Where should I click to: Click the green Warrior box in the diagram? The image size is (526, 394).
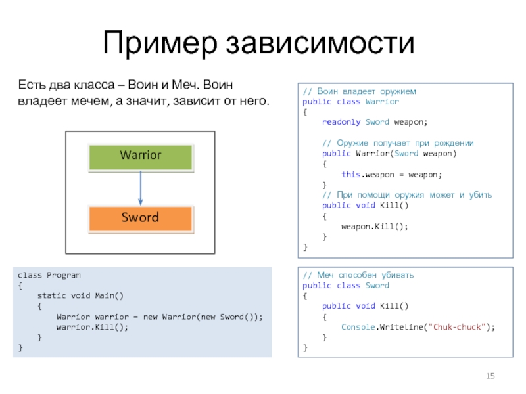140,156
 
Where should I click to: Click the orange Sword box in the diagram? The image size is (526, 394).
140,217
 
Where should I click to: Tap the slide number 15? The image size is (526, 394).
489,376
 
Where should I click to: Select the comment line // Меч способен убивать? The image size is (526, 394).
358,275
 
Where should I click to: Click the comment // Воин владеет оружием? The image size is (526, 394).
359,91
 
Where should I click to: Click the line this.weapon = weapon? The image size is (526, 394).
391,174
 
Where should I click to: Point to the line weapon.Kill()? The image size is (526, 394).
374,226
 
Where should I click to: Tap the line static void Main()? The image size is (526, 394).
81,295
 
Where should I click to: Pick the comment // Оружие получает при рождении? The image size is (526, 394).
398,143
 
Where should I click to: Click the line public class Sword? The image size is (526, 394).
346,286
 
